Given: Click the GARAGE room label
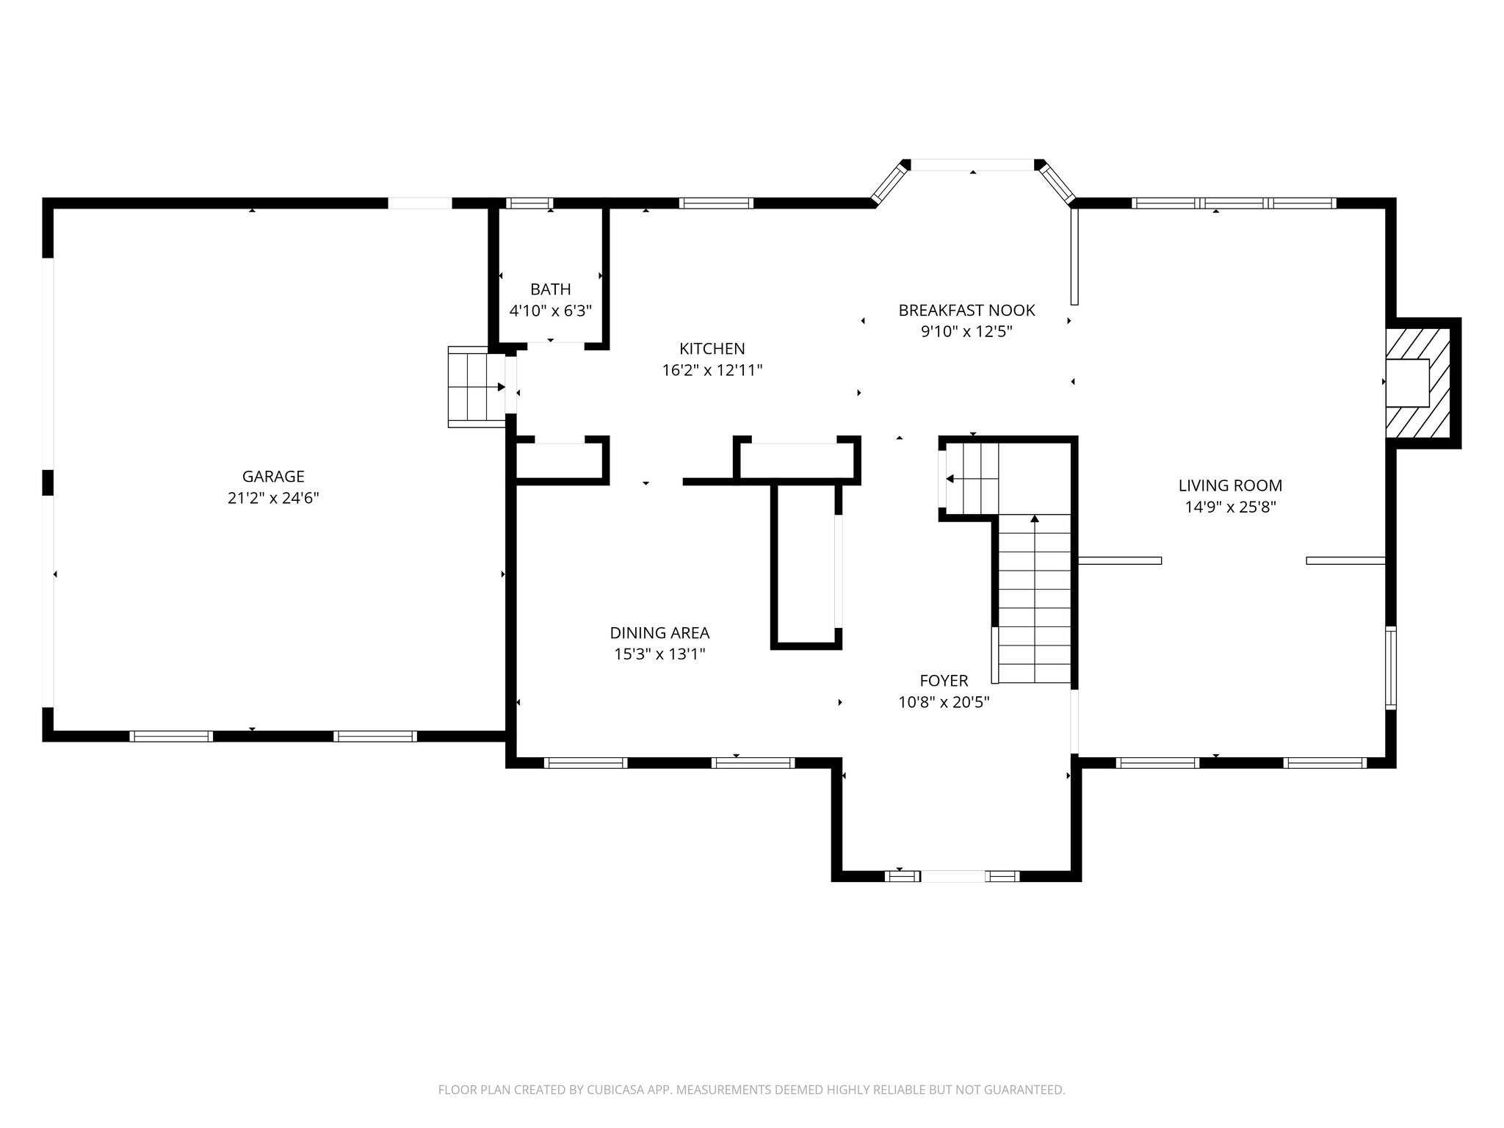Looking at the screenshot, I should coord(273,477).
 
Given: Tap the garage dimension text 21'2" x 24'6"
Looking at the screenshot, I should coord(273,498).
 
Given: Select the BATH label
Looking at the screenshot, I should coord(550,289).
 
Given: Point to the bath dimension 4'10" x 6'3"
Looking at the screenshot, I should coord(550,311).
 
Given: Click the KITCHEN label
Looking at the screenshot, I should coord(712,349).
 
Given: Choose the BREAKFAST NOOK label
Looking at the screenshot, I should coord(966,310).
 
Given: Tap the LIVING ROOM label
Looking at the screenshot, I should coord(1230,485).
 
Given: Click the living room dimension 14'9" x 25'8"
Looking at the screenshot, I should coord(1230,507).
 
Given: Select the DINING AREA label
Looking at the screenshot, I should coord(659,632).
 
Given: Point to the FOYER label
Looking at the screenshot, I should coord(944,681).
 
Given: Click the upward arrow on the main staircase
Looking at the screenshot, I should coord(1035,520).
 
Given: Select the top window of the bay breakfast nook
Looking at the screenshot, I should coord(972,165).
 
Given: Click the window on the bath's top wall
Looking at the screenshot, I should coord(529,203).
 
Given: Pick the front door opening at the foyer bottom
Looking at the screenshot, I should coord(952,876).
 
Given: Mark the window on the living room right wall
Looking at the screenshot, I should coord(1390,668).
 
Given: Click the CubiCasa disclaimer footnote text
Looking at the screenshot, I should coord(751,1090).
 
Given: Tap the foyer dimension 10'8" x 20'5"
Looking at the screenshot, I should coord(944,702).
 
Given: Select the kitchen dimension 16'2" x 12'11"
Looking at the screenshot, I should coord(712,370).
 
